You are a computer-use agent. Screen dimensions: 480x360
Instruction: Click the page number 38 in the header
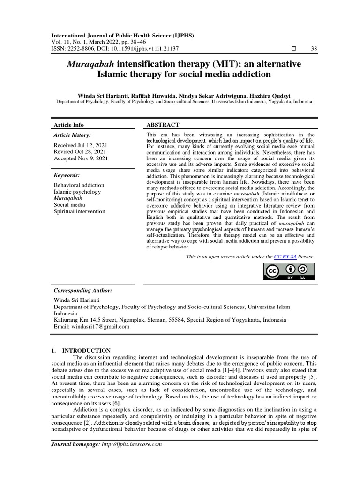click(314, 49)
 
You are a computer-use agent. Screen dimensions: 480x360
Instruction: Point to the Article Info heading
click(69, 125)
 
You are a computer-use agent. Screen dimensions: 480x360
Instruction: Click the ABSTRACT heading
click(163, 125)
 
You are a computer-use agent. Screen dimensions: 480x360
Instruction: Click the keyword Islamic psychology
click(77, 192)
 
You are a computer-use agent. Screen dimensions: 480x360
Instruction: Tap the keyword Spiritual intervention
click(80, 211)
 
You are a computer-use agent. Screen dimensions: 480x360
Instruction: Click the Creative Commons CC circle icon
click(273, 271)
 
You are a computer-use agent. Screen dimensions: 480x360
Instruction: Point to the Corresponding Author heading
click(82, 291)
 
